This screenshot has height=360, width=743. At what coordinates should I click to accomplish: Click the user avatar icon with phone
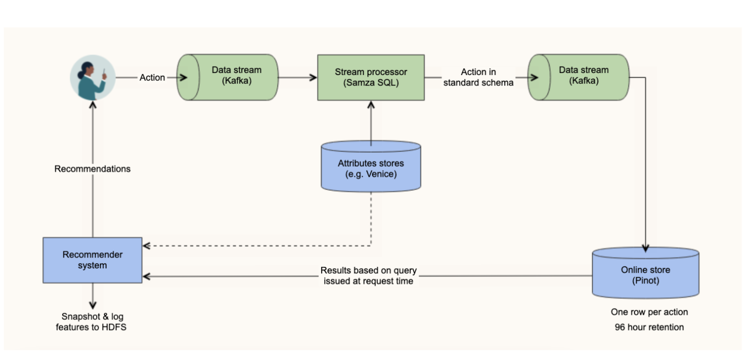(93, 78)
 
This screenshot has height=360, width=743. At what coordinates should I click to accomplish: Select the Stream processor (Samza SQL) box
(370, 77)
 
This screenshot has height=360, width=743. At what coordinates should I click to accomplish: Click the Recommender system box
(93, 260)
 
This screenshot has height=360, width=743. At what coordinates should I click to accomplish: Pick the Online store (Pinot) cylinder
(645, 275)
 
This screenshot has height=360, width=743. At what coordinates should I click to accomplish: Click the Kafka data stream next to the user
(227, 77)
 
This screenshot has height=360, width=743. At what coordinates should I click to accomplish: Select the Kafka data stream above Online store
(578, 77)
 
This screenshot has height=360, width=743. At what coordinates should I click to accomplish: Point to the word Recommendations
(93, 169)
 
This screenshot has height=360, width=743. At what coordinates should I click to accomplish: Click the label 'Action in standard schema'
(479, 77)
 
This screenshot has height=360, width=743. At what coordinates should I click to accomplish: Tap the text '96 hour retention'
(649, 327)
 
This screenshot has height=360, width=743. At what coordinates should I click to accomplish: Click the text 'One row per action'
(649, 312)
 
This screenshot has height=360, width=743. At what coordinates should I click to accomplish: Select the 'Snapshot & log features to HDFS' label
(93, 321)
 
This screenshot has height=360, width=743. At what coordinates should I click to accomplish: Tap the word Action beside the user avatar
(152, 78)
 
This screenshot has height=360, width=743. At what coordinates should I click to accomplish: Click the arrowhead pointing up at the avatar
(93, 104)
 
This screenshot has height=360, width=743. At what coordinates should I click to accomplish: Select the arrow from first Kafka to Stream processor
(297, 78)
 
